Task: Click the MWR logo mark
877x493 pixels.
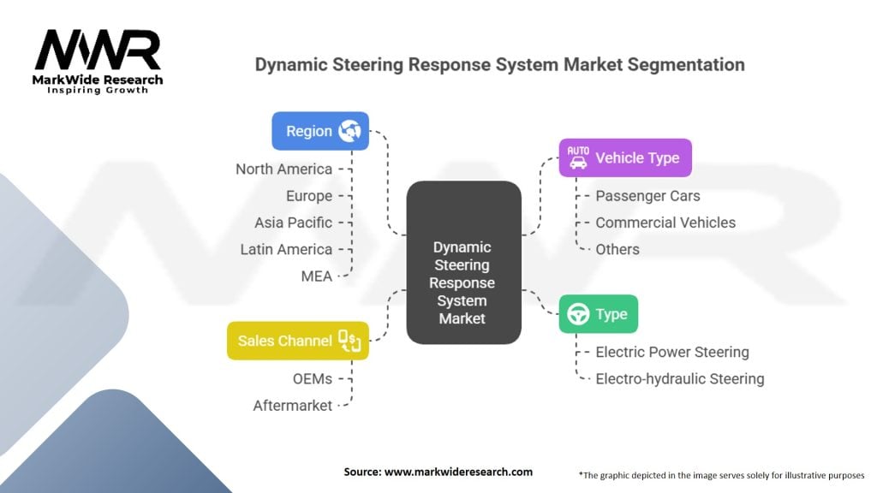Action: click(98, 50)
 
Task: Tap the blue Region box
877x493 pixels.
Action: click(320, 131)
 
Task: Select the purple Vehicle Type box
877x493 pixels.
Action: click(625, 157)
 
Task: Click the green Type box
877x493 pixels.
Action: click(599, 314)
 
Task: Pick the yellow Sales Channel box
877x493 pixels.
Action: click(298, 341)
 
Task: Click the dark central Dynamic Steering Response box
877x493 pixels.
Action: click(463, 262)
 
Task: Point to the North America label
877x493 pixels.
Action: click(283, 169)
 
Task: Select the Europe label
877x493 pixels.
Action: click(308, 196)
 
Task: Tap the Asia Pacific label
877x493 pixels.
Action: click(293, 223)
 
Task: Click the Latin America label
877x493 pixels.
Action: click(286, 249)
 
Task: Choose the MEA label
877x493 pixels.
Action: click(317, 276)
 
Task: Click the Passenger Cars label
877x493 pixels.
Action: click(647, 196)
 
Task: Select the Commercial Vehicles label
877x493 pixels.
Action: click(665, 223)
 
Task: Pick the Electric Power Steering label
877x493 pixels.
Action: click(672, 352)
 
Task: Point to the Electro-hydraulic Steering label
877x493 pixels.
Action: click(679, 379)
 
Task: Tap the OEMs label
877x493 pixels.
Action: click(312, 379)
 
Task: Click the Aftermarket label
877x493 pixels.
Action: click(293, 405)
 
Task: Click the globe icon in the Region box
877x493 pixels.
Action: click(349, 131)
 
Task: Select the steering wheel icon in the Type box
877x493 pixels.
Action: click(578, 314)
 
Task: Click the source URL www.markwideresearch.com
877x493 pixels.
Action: click(459, 472)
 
